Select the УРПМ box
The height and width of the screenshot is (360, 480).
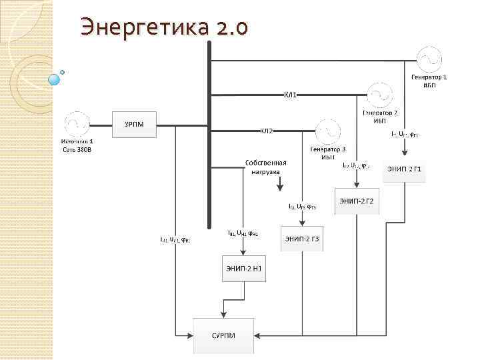133,125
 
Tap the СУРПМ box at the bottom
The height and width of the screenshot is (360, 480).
224,335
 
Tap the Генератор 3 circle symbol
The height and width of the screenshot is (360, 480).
329,131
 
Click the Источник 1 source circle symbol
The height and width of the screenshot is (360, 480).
77,125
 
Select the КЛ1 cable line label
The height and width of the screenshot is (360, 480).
291,95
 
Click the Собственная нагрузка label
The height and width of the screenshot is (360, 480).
266,167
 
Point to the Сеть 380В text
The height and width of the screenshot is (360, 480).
77,149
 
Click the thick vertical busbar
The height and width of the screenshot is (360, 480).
209,133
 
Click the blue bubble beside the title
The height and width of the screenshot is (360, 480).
55,80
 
